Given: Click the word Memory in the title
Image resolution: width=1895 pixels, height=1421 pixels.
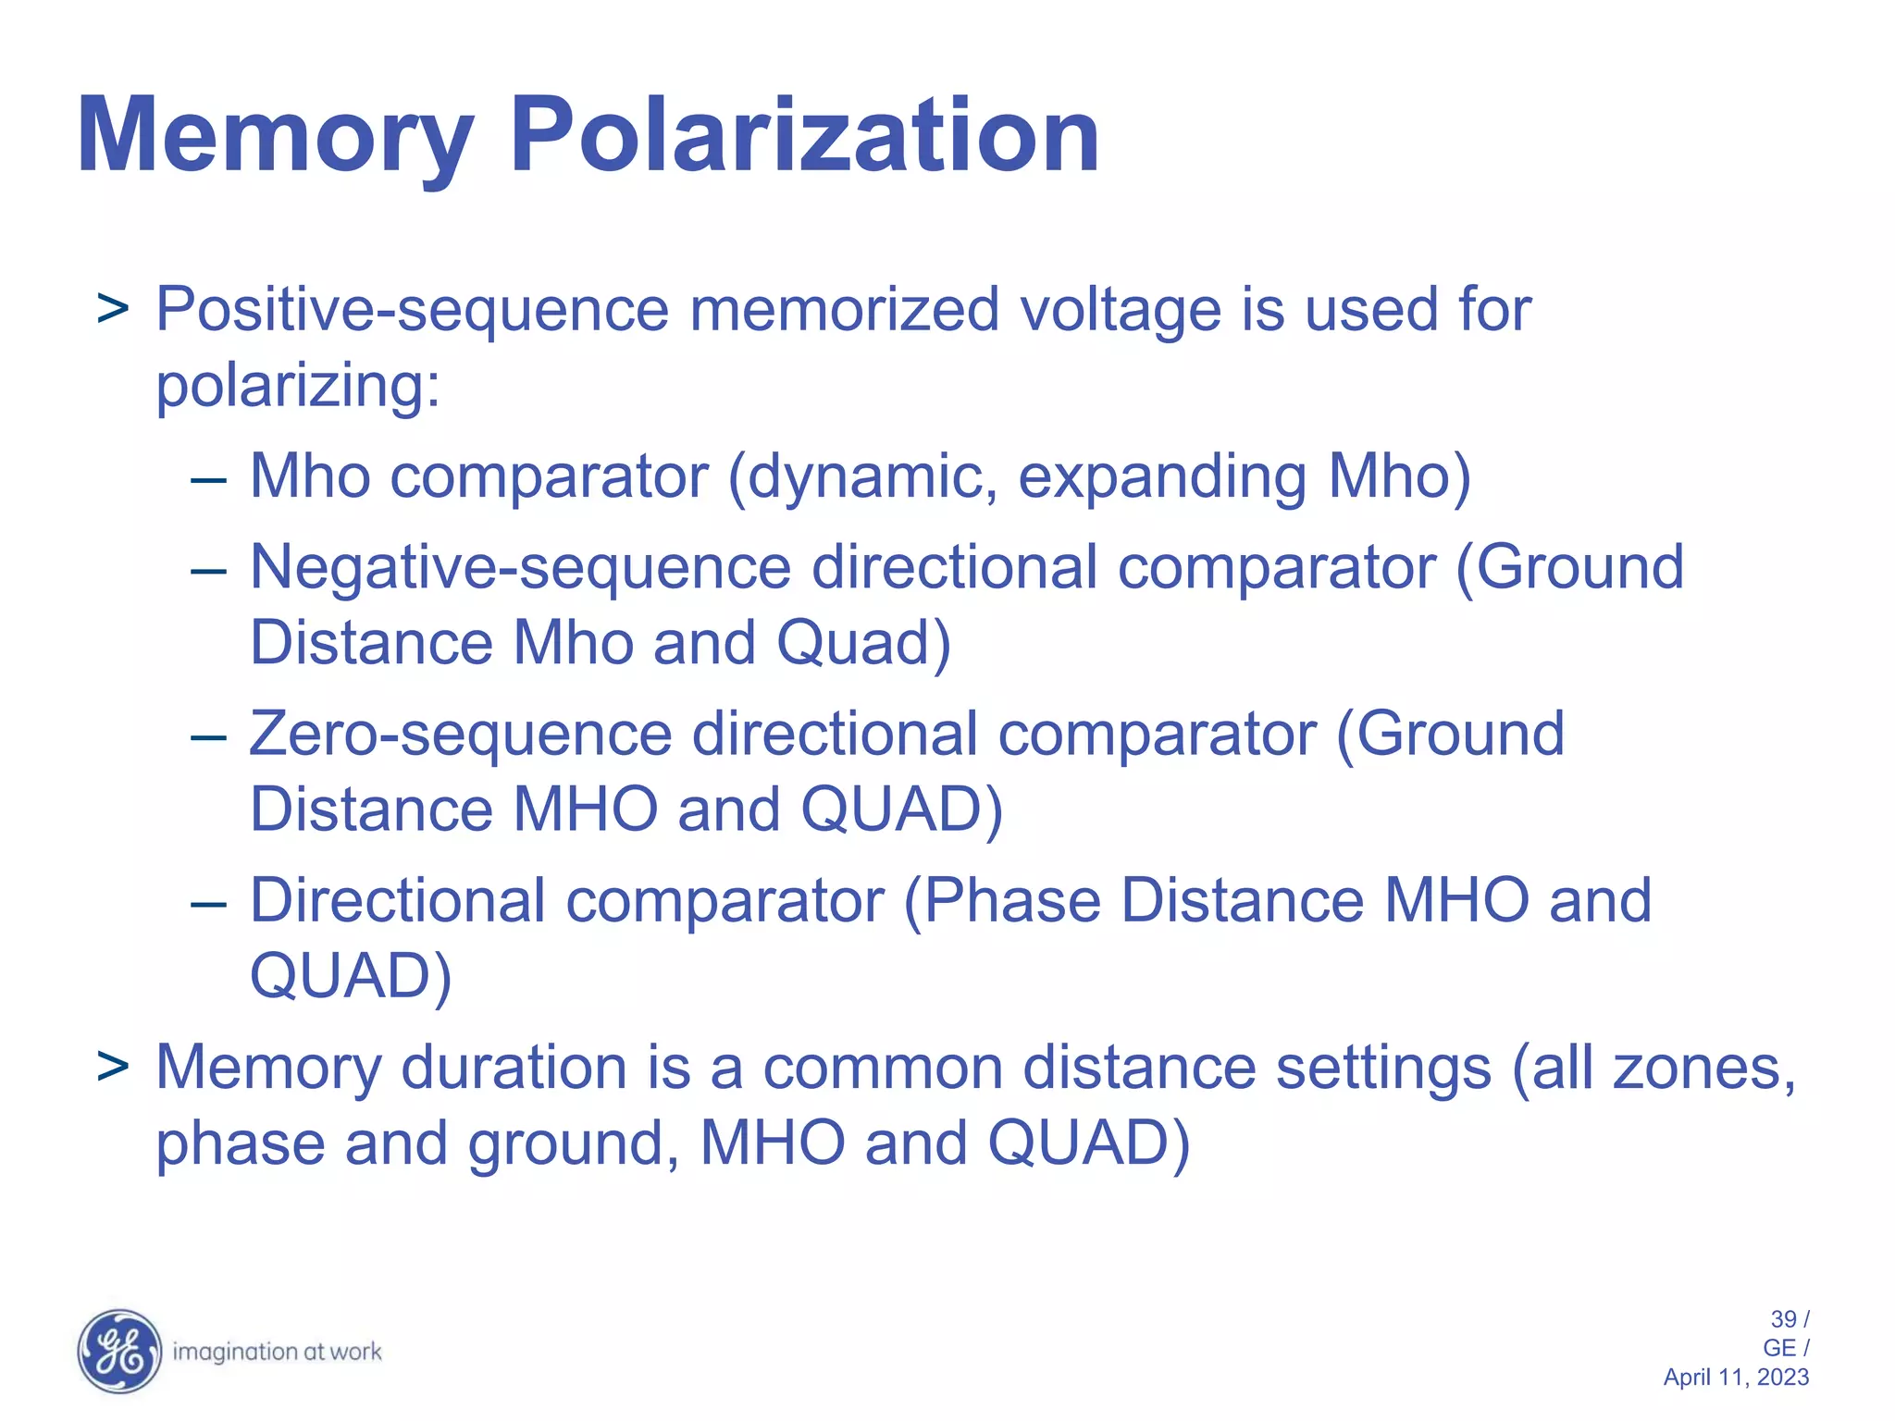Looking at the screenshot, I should pyautogui.click(x=275, y=137).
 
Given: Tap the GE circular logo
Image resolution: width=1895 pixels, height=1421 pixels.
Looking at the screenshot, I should pyautogui.click(x=119, y=1351).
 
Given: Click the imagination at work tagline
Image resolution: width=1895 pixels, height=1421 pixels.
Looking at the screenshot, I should pyautogui.click(x=277, y=1352).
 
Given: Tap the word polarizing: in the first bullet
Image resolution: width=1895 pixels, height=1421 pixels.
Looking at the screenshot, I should pyautogui.click(x=297, y=386).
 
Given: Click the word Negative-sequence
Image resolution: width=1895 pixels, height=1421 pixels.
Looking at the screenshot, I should pyautogui.click(x=521, y=567).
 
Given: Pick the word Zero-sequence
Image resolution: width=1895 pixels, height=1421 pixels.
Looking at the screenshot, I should pyautogui.click(x=460, y=735).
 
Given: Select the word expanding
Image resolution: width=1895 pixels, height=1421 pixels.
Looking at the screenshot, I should pyautogui.click(x=1162, y=477).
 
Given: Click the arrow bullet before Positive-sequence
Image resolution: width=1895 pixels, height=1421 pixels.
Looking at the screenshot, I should pyautogui.click(x=113, y=310).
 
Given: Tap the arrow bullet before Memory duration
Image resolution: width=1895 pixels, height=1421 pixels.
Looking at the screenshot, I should pyautogui.click(x=113, y=1069).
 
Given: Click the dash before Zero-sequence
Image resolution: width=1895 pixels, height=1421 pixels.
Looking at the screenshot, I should pyautogui.click(x=208, y=737).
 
